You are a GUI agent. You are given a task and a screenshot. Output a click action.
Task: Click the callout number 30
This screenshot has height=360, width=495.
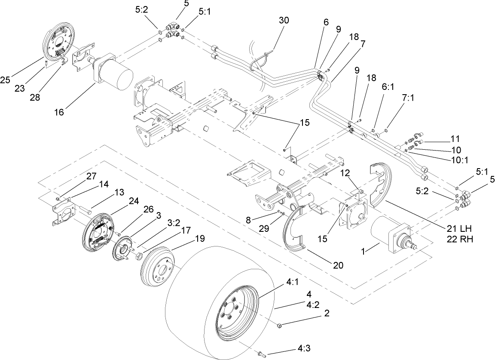click(284, 20)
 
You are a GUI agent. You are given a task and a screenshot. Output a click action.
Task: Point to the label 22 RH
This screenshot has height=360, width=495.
click(458, 240)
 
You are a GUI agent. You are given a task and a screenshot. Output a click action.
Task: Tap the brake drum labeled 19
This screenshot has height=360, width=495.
click(158, 267)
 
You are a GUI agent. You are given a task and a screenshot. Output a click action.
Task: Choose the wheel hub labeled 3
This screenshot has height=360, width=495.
click(123, 250)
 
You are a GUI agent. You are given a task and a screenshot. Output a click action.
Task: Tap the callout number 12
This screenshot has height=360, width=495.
click(346, 172)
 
